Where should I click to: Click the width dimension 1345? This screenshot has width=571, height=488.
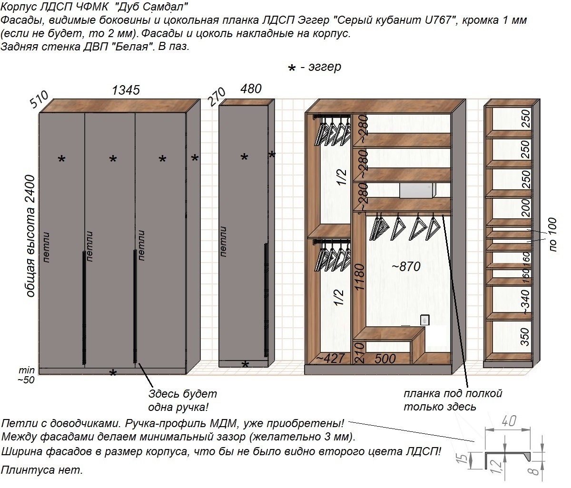point(126,90)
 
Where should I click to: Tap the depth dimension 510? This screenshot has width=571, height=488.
point(39,99)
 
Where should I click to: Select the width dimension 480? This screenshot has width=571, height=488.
point(251,89)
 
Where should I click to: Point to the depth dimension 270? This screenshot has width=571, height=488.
point(217,97)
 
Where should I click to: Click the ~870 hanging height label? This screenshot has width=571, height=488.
point(406,266)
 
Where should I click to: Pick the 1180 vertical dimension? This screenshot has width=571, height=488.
point(359,277)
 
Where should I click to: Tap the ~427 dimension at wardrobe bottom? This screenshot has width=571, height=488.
point(330,359)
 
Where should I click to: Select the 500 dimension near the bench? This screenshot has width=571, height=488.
point(385,359)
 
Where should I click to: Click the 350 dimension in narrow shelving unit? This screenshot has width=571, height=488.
point(525,337)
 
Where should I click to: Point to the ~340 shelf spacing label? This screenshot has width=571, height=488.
point(525,302)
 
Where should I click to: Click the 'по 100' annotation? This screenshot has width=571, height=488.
point(552,234)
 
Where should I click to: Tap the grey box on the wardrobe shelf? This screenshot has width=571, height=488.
point(417,191)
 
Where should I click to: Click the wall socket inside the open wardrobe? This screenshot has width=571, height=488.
point(424,320)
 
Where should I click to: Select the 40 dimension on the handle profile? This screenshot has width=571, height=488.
point(509,421)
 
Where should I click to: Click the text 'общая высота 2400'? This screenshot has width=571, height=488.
point(30,236)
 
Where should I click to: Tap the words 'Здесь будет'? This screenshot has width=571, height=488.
point(183,394)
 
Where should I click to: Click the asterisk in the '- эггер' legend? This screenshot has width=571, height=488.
point(292,68)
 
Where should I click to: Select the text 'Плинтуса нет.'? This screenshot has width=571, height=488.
point(42,470)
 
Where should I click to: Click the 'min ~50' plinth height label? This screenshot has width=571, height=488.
point(26,375)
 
